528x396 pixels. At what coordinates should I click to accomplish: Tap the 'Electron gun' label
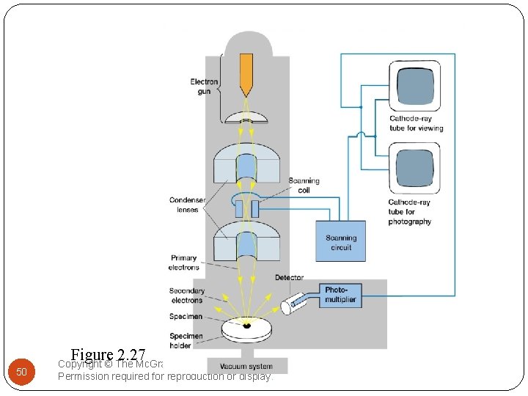click(204, 86)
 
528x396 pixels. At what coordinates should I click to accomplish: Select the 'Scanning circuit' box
click(340, 242)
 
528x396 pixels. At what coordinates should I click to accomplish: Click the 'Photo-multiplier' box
click(340, 295)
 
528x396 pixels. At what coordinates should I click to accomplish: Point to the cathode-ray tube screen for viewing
click(415, 86)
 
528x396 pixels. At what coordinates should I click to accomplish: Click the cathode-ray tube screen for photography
click(415, 169)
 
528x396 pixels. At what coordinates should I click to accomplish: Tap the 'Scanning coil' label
click(304, 186)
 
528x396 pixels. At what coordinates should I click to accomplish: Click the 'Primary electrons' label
click(183, 263)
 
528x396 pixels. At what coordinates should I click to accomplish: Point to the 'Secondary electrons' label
click(186, 296)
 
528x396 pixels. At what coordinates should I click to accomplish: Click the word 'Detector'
click(289, 277)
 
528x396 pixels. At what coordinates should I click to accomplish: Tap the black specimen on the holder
click(247, 326)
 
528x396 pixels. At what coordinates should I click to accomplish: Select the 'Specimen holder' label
click(187, 340)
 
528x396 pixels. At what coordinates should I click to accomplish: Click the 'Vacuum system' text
click(241, 366)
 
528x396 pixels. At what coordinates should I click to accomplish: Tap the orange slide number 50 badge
click(22, 372)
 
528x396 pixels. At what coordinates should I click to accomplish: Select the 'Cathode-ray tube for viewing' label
click(416, 123)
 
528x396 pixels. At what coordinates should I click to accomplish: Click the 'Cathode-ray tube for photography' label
click(410, 212)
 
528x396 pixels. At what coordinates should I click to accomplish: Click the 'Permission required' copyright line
click(164, 377)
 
